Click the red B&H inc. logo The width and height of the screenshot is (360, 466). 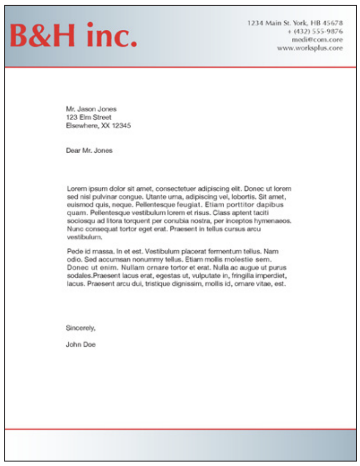[x=73, y=36]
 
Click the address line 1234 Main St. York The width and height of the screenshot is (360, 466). [x=295, y=23]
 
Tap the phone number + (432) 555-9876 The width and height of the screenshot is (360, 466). [x=315, y=31]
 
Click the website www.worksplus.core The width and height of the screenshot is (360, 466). [x=310, y=48]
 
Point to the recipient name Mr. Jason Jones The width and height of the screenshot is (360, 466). [x=91, y=109]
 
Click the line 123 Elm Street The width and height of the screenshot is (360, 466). [x=88, y=117]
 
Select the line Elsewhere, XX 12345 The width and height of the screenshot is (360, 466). [x=98, y=126]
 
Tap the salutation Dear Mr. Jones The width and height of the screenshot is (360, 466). [x=89, y=150]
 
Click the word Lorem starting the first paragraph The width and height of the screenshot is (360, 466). [x=75, y=188]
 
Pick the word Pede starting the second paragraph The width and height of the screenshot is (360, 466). [x=74, y=251]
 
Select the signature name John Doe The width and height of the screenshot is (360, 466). [x=81, y=344]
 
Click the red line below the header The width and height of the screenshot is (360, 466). [x=180, y=67]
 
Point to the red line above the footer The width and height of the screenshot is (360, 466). [x=180, y=429]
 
